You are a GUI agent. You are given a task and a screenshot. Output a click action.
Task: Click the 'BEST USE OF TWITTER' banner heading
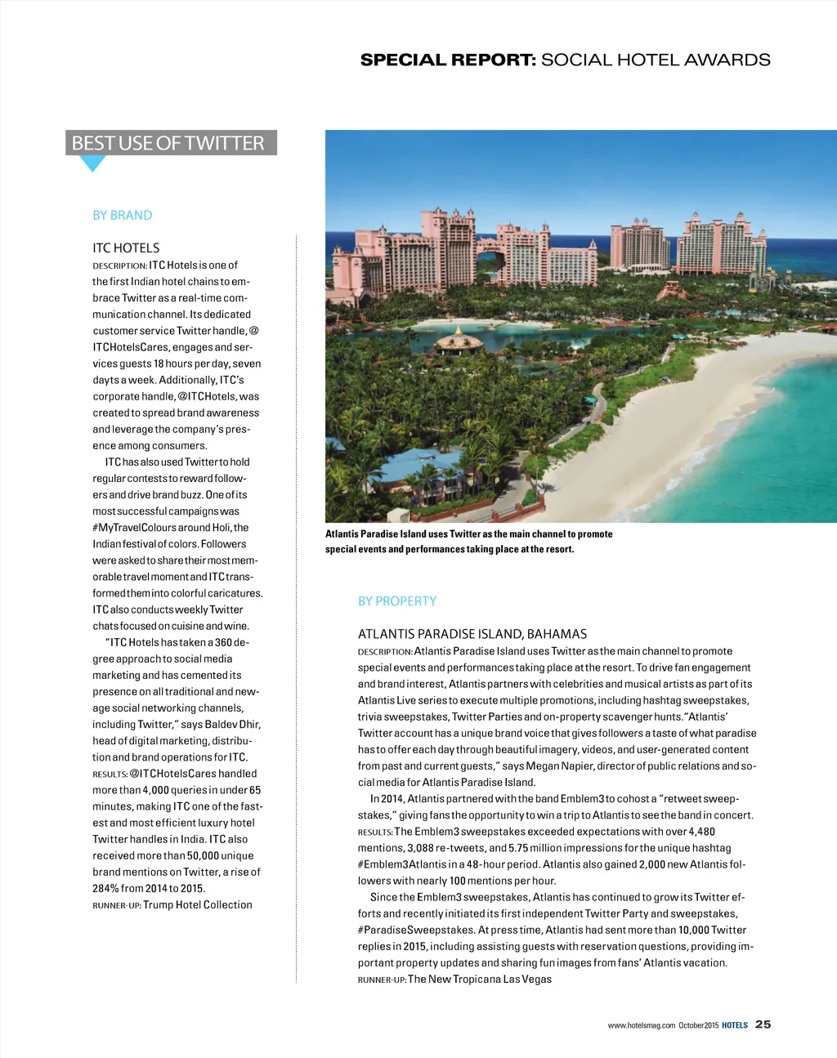pyautogui.click(x=168, y=143)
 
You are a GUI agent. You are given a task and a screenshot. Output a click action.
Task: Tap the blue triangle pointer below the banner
pyautogui.click(x=92, y=163)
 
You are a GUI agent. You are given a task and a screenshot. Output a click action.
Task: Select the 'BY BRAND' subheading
pyautogui.click(x=123, y=215)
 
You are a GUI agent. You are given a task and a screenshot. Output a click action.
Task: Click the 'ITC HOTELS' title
pyautogui.click(x=126, y=248)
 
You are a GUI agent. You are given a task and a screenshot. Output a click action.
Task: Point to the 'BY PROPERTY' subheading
pyautogui.click(x=397, y=600)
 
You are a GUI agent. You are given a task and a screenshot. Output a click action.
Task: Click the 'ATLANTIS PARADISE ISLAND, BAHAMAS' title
pyautogui.click(x=472, y=634)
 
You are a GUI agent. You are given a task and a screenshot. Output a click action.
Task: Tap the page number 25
pyautogui.click(x=763, y=1024)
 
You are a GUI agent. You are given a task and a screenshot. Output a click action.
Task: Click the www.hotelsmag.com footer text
pyautogui.click(x=642, y=1025)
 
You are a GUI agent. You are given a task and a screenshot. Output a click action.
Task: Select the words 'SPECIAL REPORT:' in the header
pyautogui.click(x=448, y=60)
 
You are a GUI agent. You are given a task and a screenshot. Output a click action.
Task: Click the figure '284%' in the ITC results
pyautogui.click(x=105, y=888)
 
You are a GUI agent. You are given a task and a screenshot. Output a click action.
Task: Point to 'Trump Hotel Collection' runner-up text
pyautogui.click(x=198, y=904)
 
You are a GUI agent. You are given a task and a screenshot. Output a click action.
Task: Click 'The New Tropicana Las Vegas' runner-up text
pyautogui.click(x=480, y=979)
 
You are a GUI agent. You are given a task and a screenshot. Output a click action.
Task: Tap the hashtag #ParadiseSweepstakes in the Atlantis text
pyautogui.click(x=415, y=930)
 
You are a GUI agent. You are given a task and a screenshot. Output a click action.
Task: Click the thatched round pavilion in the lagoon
pyautogui.click(x=459, y=337)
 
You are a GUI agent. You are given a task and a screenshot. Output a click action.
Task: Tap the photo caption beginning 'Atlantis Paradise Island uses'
pyautogui.click(x=468, y=541)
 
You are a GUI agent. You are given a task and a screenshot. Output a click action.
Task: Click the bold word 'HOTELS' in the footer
pyautogui.click(x=735, y=1025)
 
